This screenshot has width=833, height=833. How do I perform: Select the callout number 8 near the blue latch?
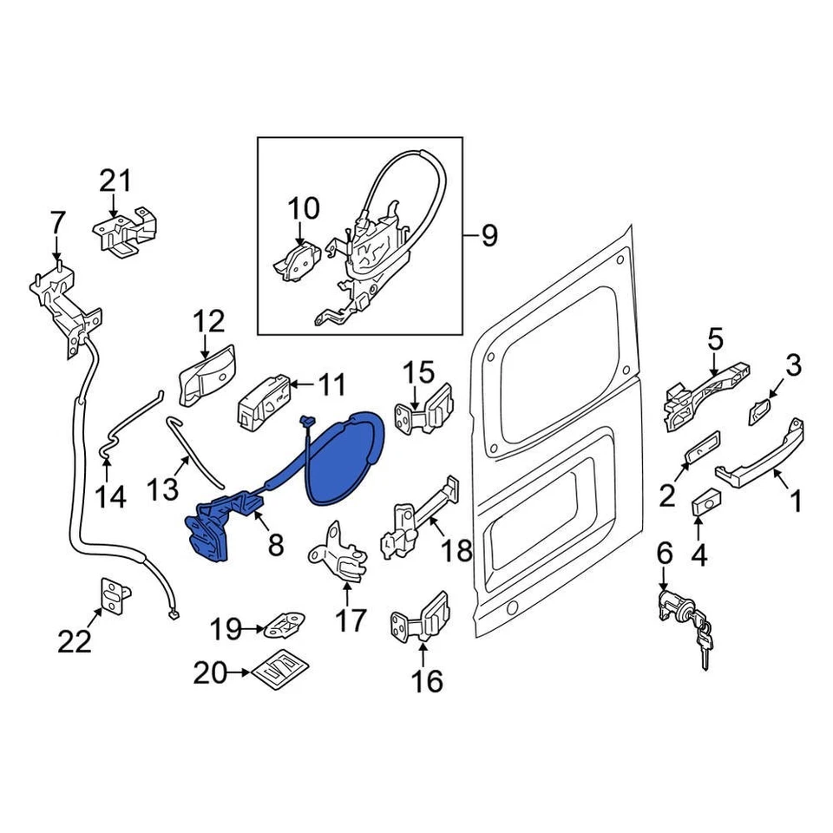point(275,545)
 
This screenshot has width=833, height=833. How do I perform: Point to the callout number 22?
point(75,641)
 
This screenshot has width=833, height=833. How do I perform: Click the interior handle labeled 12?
point(205,380)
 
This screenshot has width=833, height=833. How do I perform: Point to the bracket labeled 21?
point(127,230)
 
